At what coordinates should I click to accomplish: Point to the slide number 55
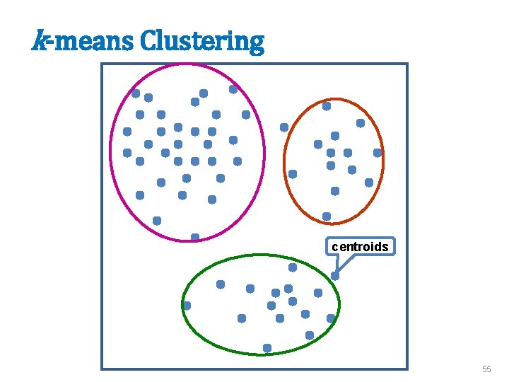point(486,369)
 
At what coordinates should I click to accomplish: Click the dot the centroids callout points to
point(335,276)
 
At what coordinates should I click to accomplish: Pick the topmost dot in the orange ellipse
point(327,106)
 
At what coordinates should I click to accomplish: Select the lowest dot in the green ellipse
point(267,348)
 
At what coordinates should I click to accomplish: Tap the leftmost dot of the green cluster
point(187,306)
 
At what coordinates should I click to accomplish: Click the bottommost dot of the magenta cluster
point(195,237)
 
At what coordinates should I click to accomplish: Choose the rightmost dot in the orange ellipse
point(378,153)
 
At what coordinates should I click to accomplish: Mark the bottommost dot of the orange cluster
point(327,216)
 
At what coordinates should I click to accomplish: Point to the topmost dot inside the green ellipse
point(293,267)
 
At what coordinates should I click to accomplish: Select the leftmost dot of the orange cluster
point(284,127)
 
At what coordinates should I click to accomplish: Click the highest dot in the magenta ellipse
point(233,89)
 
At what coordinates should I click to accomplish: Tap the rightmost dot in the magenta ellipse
point(246,115)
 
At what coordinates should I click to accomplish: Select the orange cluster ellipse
point(384,159)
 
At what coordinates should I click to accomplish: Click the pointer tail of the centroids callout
point(337,263)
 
